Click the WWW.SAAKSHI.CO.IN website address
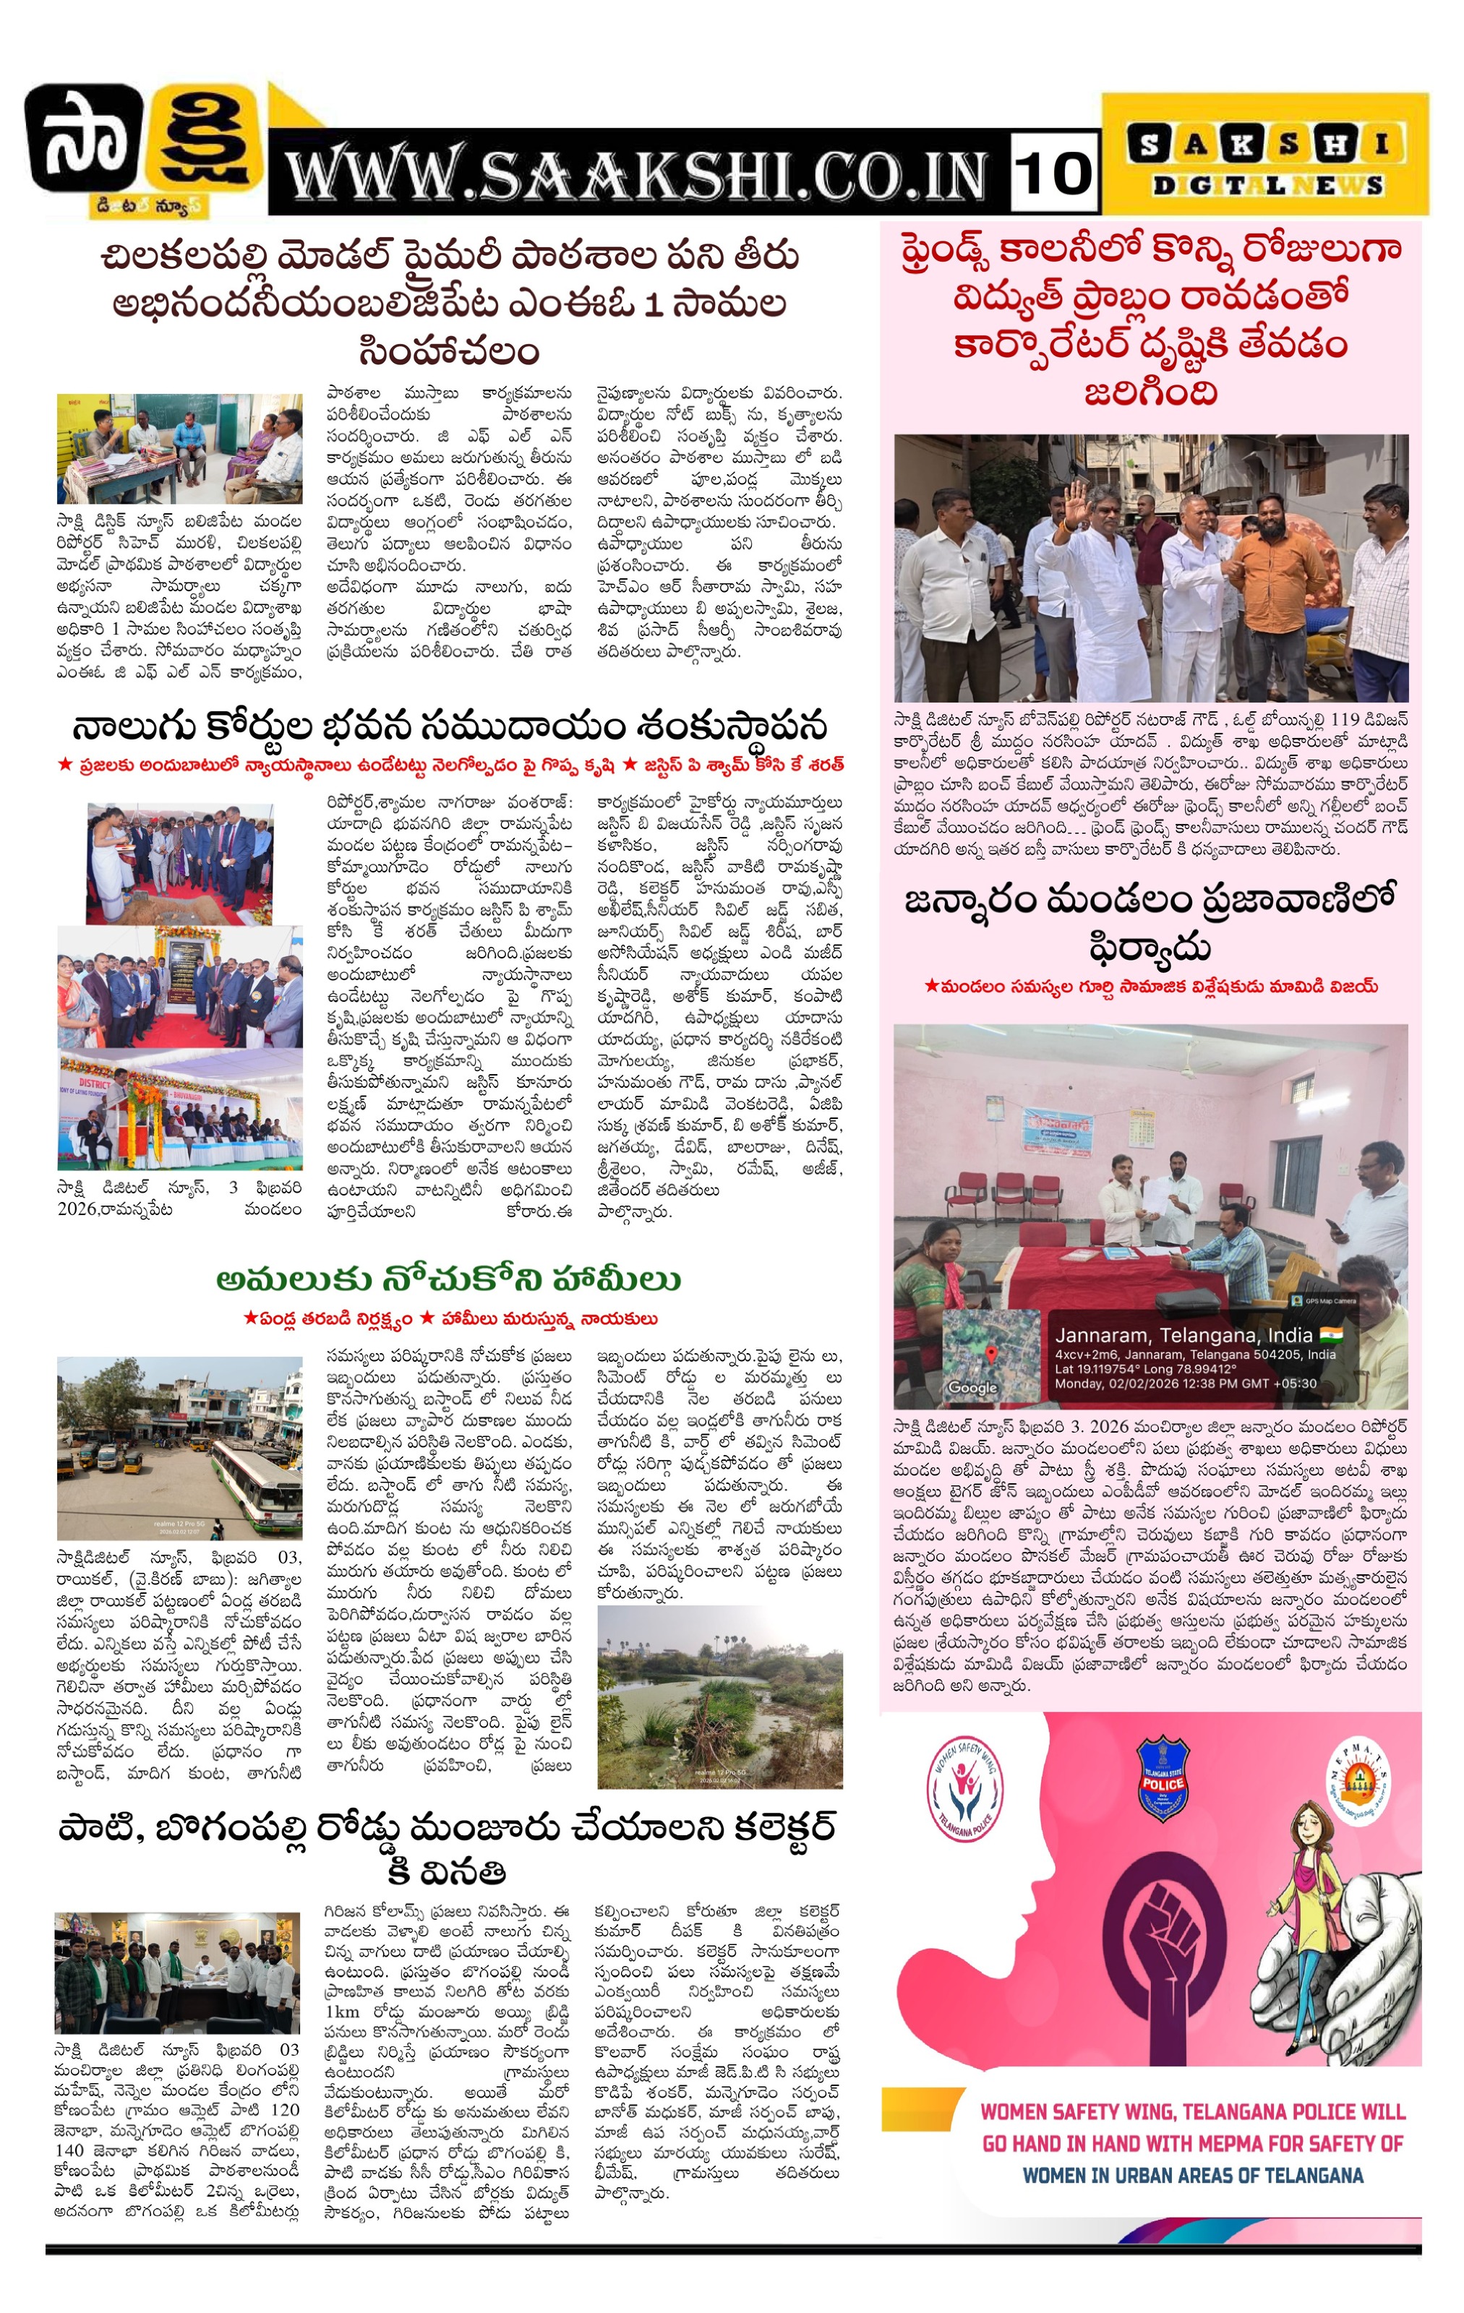[637, 176]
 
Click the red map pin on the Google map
[990, 1352]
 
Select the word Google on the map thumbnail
[972, 1387]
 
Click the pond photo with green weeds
[719, 1696]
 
